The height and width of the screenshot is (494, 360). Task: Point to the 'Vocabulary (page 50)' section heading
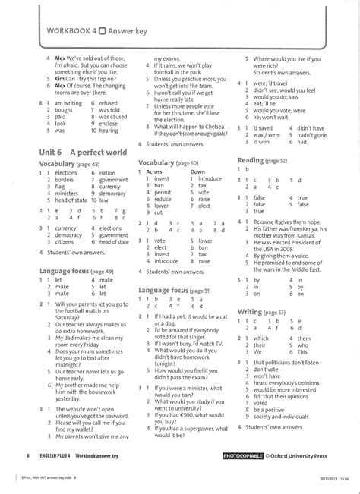tap(168, 162)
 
